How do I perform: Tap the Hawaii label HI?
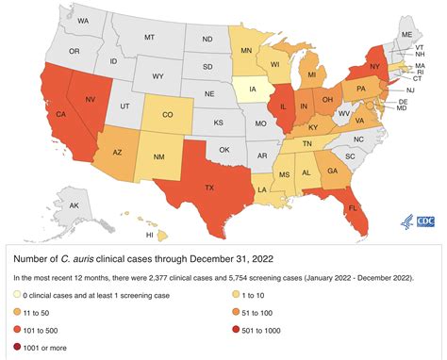point(150,234)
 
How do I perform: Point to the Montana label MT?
point(149,38)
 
